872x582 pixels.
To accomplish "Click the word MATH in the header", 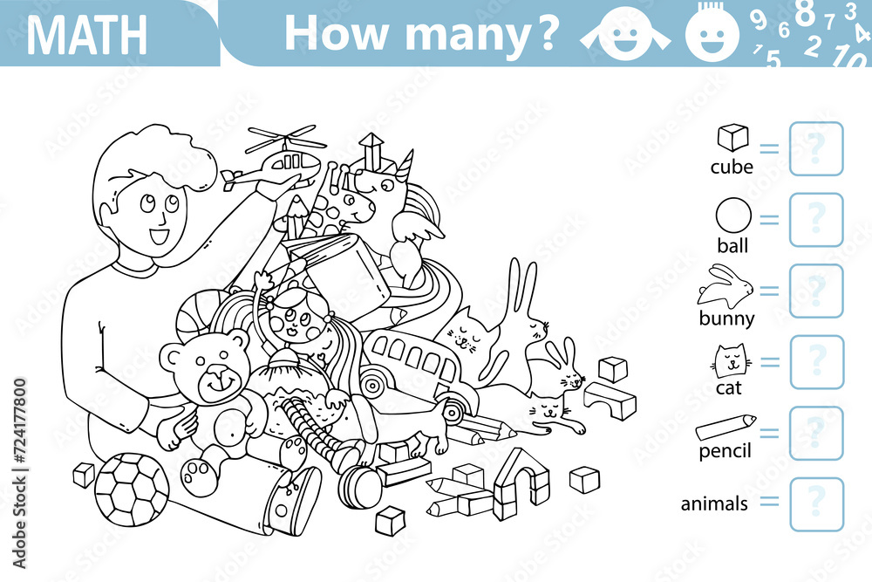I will pyautogui.click(x=86, y=34).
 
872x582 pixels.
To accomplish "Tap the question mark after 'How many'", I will pyautogui.click(x=544, y=32).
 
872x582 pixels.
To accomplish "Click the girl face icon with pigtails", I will pyautogui.click(x=626, y=32).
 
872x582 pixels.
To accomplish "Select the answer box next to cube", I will pyautogui.click(x=816, y=149).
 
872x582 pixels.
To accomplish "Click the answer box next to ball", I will pyautogui.click(x=816, y=220).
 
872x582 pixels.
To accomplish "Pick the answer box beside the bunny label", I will pyautogui.click(x=816, y=291).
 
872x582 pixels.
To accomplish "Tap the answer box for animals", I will pyautogui.click(x=816, y=504).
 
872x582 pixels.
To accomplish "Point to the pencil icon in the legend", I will pyautogui.click(x=726, y=428).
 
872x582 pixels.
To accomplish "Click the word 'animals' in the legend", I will pyautogui.click(x=714, y=504).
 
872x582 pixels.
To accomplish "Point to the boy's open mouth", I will pyautogui.click(x=160, y=236).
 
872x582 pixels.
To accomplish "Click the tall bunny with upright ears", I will pyautogui.click(x=523, y=318).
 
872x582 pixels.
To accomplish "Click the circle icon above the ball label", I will pyautogui.click(x=732, y=216).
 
